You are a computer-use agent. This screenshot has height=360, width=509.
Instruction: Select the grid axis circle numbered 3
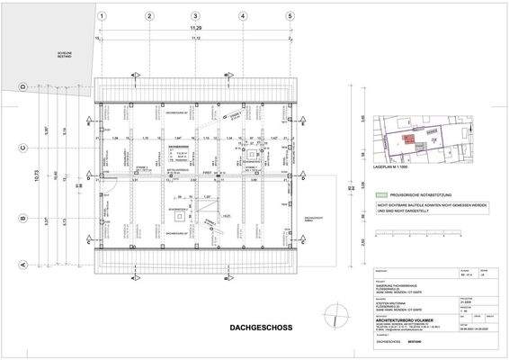point(195,16)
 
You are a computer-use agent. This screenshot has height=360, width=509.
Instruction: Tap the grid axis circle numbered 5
point(290,16)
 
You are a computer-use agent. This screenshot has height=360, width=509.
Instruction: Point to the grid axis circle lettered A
point(22,265)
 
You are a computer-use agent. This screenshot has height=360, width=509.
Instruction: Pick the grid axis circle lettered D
point(22,87)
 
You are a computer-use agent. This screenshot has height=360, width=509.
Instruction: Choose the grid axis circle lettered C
point(22,148)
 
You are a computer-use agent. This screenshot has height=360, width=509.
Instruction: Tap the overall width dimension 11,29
point(195,30)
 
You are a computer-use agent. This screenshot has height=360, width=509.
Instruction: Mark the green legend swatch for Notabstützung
point(380,193)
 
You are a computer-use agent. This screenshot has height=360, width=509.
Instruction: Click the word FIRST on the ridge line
point(206,171)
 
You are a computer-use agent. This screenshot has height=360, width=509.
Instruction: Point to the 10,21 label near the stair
point(227,216)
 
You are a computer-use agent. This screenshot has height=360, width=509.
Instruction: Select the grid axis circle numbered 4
point(243,16)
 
